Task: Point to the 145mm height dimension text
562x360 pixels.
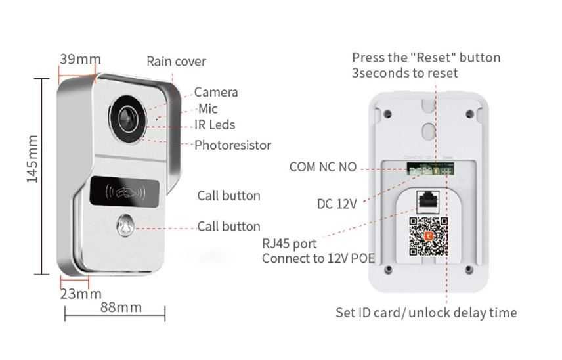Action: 33,160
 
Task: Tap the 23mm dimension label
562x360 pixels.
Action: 81,294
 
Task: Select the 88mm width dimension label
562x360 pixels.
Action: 120,307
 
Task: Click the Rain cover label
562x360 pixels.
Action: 176,62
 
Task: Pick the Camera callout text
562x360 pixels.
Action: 215,93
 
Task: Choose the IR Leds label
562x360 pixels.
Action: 214,125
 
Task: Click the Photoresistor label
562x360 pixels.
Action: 232,145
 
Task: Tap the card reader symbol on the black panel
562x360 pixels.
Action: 123,193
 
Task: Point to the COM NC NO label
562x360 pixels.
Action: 322,167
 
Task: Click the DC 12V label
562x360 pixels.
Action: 336,204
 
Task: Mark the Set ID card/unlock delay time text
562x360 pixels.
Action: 425,313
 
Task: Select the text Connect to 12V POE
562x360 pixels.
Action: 318,259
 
